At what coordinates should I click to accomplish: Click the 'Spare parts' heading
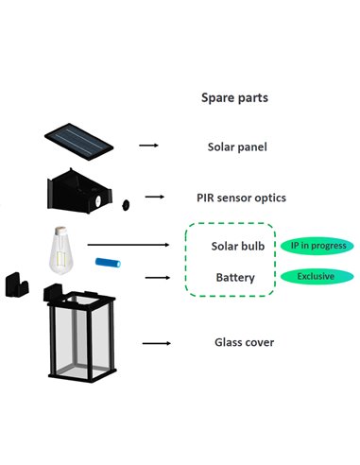pyautogui.click(x=234, y=97)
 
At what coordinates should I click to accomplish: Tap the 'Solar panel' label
pyautogui.click(x=237, y=146)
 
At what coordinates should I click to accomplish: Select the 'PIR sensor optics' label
pyautogui.click(x=241, y=198)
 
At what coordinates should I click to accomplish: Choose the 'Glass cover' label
pyautogui.click(x=241, y=342)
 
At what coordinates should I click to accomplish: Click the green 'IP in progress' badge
pyautogui.click(x=317, y=247)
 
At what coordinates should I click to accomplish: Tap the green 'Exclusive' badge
pyautogui.click(x=316, y=278)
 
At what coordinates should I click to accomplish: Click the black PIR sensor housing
pyautogui.click(x=75, y=193)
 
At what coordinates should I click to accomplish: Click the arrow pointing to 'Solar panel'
pyautogui.click(x=148, y=146)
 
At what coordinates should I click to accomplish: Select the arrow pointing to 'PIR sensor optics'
pyautogui.click(x=153, y=199)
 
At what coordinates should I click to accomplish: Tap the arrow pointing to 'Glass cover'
pyautogui.click(x=149, y=343)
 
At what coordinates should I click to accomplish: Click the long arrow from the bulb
pyautogui.click(x=128, y=246)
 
